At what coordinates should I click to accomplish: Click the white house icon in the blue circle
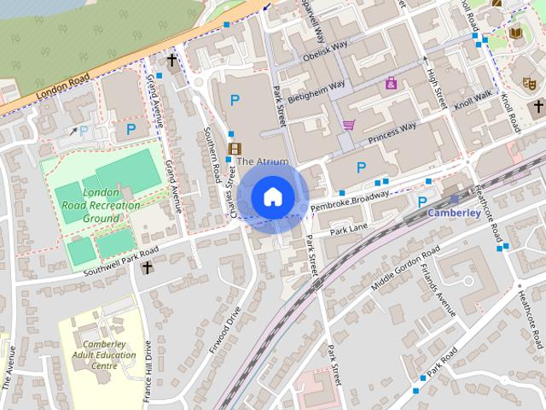coord(272,196)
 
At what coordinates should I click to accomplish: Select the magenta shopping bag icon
coord(391,83)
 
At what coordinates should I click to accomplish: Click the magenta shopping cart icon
coord(348,125)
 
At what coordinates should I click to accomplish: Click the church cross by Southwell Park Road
coord(147,268)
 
